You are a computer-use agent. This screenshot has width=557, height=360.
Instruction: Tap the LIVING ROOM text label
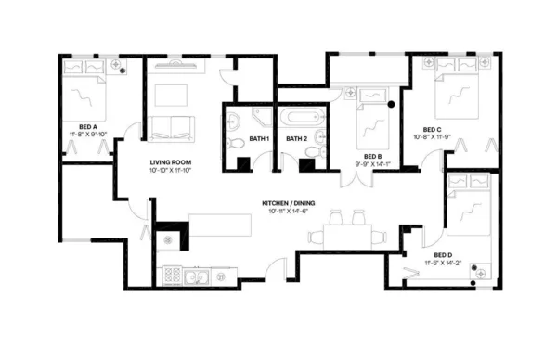(171, 162)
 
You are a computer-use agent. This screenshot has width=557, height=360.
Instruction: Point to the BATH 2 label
(296, 138)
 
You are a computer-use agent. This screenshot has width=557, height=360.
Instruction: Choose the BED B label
(372, 156)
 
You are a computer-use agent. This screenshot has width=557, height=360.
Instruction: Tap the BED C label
(432, 129)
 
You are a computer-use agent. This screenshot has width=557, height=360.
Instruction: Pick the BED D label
(443, 255)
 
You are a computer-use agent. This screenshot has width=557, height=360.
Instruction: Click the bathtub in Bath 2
(303, 119)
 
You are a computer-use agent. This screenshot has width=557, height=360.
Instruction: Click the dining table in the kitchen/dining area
(343, 234)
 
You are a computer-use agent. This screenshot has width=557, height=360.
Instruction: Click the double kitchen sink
(196, 275)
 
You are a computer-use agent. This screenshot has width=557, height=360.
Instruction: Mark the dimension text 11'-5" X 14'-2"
(442, 264)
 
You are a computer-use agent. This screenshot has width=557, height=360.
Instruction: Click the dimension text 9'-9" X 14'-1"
(372, 164)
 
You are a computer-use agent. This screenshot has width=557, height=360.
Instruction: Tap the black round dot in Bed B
(392, 105)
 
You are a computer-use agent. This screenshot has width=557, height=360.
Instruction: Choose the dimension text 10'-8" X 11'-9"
(433, 137)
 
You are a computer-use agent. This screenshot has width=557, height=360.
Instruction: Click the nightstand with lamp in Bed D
(481, 270)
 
